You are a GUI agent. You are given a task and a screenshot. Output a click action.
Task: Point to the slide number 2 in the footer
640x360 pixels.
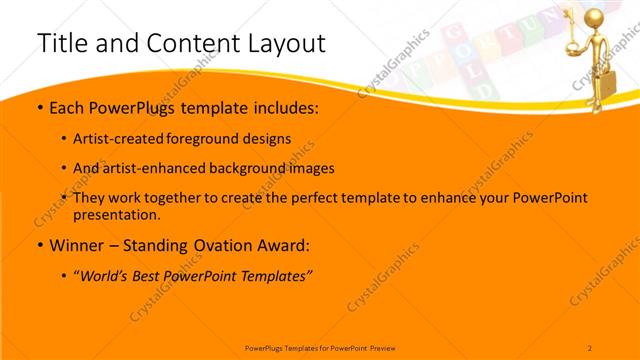click(590, 347)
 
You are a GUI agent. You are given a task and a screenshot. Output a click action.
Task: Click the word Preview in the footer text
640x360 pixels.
click(381, 347)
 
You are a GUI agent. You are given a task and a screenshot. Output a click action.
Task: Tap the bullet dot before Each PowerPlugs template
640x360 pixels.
click(39, 106)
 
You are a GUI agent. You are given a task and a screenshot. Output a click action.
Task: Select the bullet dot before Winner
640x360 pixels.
click(39, 245)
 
